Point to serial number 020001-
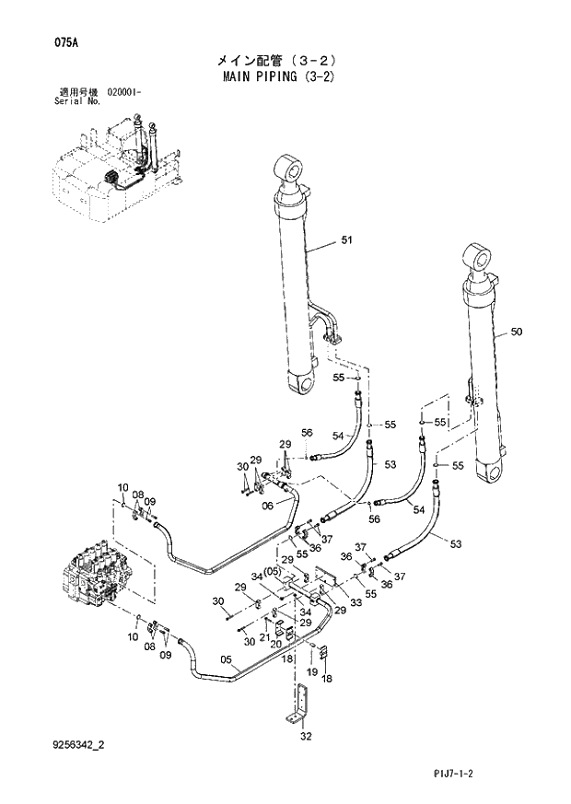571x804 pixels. tap(131, 93)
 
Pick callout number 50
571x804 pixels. tap(515, 332)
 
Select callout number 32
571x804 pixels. tap(306, 736)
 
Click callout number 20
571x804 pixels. tap(275, 644)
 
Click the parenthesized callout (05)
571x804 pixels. tap(272, 571)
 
